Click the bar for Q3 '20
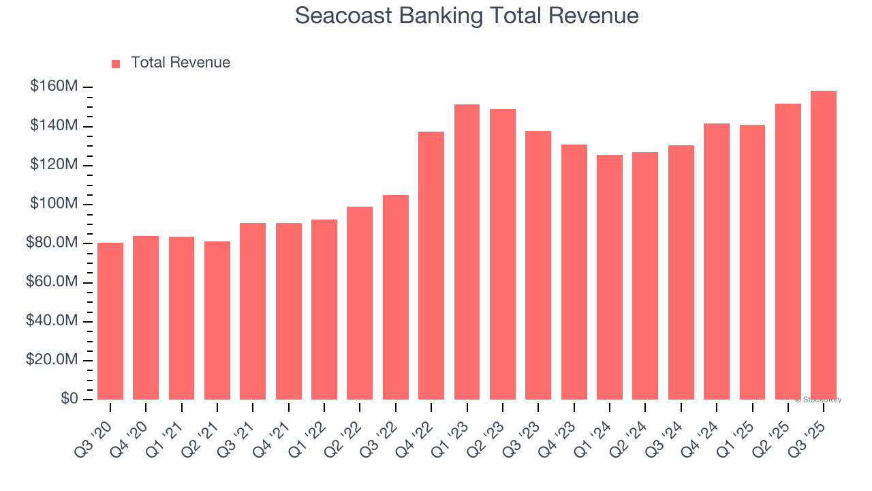point(110,321)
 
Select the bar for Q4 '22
point(431,266)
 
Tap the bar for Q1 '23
point(467,252)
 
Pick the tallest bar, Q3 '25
point(824,245)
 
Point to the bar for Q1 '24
point(610,277)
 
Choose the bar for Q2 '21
point(217,321)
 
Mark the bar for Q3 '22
point(396,297)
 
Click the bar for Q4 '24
point(717,262)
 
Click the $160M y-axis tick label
point(54,87)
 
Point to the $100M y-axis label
point(54,204)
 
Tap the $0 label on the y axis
point(69,399)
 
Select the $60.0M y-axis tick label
point(52,282)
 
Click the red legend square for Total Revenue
point(116,63)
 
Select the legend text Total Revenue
point(181,63)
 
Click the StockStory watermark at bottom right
point(818,400)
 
